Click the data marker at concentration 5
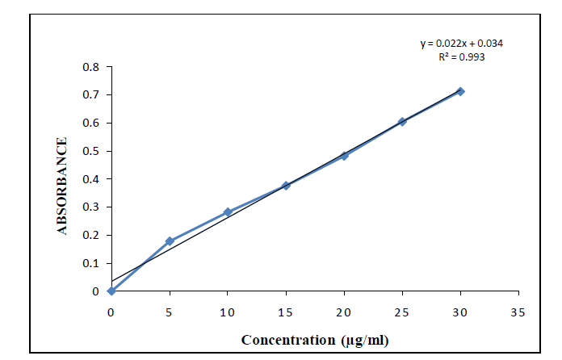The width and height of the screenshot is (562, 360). click(x=170, y=241)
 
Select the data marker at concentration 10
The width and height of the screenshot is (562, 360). click(x=228, y=212)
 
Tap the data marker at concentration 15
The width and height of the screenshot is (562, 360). click(x=286, y=186)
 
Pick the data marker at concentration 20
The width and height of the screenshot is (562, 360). click(x=344, y=156)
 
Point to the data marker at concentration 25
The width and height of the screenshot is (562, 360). click(x=402, y=122)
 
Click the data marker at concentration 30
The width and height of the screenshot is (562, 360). click(x=460, y=91)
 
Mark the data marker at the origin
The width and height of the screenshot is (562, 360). click(x=111, y=291)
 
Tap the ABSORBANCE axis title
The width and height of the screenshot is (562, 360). click(x=62, y=186)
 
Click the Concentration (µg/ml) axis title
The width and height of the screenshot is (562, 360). click(x=315, y=340)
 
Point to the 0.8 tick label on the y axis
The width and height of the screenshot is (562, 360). click(x=91, y=67)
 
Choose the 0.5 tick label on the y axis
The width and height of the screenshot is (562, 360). click(x=91, y=151)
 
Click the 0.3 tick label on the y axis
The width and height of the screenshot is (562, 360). click(x=91, y=207)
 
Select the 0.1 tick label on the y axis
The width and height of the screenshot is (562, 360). click(x=91, y=263)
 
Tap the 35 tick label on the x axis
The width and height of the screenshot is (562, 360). click(x=518, y=312)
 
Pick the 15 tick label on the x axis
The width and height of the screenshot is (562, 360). click(x=286, y=312)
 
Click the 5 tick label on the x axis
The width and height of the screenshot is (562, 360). click(x=170, y=312)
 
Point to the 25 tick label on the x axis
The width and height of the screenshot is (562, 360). click(x=402, y=312)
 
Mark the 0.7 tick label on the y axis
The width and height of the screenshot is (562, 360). click(x=91, y=95)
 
